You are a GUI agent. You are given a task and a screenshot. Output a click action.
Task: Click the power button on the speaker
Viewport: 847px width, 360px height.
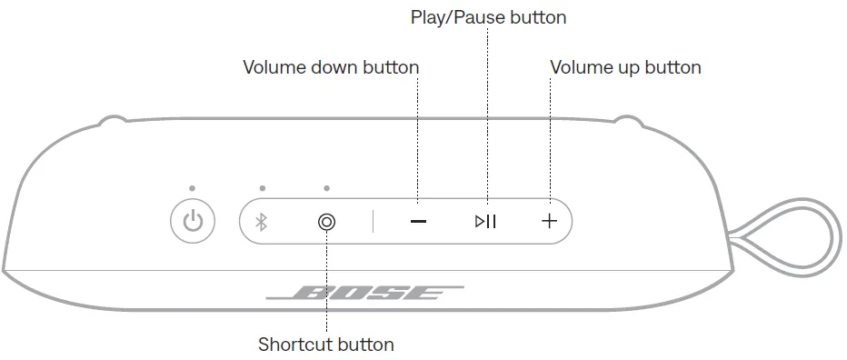193,221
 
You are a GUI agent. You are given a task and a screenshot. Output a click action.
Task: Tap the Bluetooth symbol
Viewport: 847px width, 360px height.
262,222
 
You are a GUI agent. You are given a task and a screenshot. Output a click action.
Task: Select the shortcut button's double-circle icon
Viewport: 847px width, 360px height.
327,222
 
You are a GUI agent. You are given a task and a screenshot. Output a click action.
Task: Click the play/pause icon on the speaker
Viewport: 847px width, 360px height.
485,221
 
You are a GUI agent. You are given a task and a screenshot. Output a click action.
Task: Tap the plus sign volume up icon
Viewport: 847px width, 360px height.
549,221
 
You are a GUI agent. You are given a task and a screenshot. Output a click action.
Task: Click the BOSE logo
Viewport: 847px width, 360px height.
365,293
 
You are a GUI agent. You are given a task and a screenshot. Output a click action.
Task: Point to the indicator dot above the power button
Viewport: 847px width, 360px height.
193,188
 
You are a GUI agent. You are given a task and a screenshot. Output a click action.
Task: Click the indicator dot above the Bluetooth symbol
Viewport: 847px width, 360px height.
263,188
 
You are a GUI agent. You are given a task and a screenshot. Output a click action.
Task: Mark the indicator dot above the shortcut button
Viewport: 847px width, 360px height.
327,188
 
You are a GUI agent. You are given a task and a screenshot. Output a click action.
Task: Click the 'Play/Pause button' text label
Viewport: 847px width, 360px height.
488,17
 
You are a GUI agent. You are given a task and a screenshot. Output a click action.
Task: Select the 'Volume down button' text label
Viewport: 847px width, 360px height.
331,67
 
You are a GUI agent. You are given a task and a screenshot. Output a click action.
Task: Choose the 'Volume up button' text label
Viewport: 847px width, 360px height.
625,67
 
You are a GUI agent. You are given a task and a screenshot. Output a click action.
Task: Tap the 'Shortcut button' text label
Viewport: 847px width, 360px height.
325,345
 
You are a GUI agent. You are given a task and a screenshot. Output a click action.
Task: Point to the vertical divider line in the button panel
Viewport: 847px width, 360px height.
373,222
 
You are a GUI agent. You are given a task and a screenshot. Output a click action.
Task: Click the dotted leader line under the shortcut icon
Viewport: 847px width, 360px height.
327,281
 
